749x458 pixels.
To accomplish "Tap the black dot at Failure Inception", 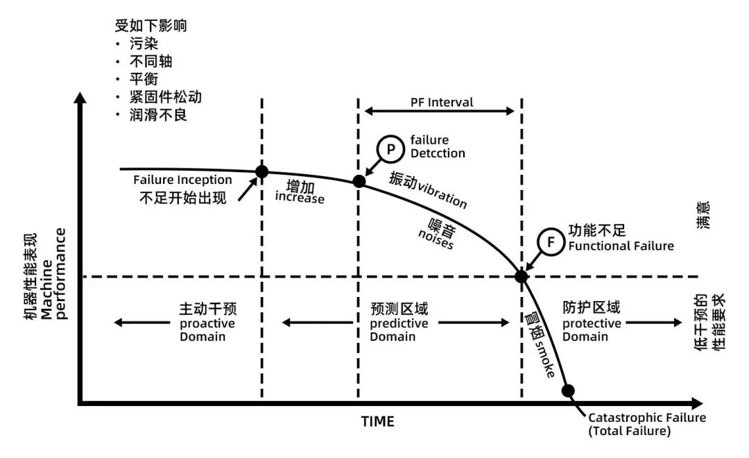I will click(x=262, y=171).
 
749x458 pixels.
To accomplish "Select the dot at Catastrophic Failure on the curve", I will click(x=568, y=391).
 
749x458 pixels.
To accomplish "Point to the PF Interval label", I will click(x=440, y=103).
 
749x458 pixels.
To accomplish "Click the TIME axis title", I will click(x=377, y=421).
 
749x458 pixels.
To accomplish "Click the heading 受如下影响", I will click(x=150, y=26).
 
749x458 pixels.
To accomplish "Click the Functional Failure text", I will click(x=620, y=246).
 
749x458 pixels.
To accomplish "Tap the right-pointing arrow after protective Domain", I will click(x=658, y=322).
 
